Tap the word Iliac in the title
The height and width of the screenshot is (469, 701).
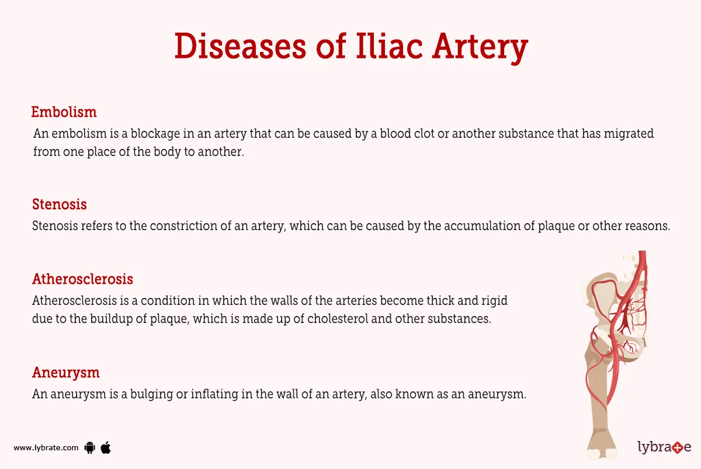pyautogui.click(x=390, y=47)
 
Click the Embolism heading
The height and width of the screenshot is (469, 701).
pyautogui.click(x=64, y=112)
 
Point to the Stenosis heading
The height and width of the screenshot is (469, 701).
pyautogui.click(x=59, y=204)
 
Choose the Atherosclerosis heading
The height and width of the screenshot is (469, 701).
pyautogui.click(x=82, y=279)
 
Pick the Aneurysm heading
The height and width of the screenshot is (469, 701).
pyautogui.click(x=65, y=373)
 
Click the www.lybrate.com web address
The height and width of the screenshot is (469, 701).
pyautogui.click(x=46, y=448)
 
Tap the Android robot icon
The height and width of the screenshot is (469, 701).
pyautogui.click(x=89, y=448)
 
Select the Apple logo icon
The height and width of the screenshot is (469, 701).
pyautogui.click(x=106, y=447)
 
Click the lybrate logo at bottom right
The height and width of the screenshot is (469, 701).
pyautogui.click(x=664, y=447)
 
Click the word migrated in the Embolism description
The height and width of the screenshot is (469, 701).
pyautogui.click(x=627, y=134)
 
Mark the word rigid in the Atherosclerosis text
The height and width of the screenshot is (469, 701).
pyautogui.click(x=494, y=301)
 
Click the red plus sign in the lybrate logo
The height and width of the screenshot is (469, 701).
pyautogui.click(x=676, y=448)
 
